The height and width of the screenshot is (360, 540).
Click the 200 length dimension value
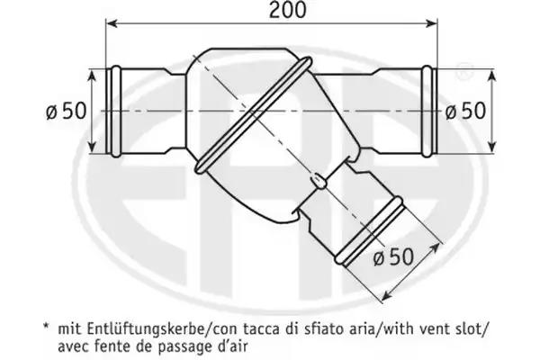(x=287, y=10)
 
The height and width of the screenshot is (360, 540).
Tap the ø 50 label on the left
(x=66, y=112)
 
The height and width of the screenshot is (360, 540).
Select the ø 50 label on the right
(x=465, y=112)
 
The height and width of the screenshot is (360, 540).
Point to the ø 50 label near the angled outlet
(x=393, y=256)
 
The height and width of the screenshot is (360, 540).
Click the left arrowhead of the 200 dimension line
(x=112, y=23)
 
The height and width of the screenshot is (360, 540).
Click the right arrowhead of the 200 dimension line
(x=431, y=23)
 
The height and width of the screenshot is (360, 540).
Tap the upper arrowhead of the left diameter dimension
(x=92, y=76)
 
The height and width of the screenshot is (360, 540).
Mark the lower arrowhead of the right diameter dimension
(x=492, y=146)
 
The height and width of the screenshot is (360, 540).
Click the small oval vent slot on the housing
(x=319, y=181)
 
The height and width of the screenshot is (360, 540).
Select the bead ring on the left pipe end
(x=117, y=112)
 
